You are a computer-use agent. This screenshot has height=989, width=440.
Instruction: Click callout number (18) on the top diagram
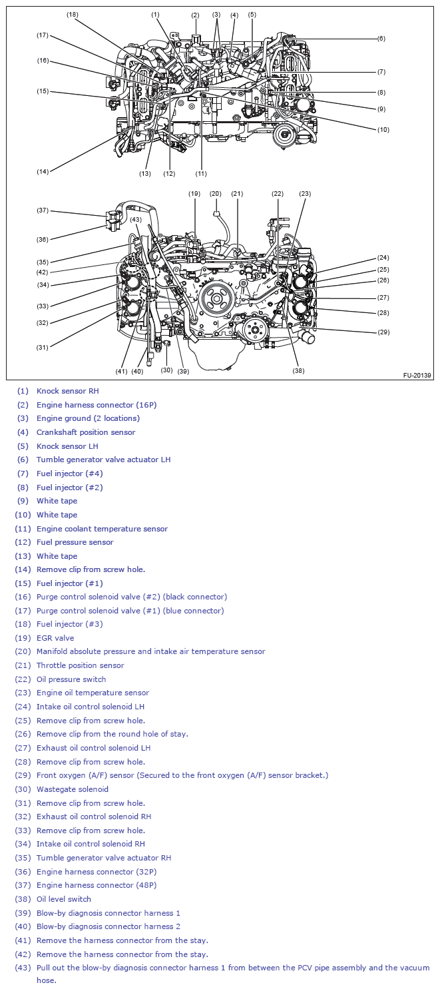coord(73,14)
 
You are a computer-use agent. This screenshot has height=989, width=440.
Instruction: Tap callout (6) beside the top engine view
coord(381,38)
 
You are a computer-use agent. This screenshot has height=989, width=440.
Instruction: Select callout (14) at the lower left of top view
coord(43,171)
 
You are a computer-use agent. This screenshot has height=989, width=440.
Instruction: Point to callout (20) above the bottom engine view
coord(216,194)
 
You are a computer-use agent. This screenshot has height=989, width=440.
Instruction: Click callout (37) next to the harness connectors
coord(43,210)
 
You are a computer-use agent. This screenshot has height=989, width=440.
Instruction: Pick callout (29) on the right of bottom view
coord(383,332)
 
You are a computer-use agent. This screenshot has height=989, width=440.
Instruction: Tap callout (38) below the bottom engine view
coord(298,370)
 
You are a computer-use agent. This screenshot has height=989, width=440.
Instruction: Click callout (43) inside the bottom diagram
coord(136,219)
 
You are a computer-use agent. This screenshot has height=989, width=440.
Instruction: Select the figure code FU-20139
coord(417,376)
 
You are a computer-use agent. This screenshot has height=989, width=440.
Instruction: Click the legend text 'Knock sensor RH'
coord(67,391)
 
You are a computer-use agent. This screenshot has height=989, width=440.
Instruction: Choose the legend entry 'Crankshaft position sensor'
coord(86,432)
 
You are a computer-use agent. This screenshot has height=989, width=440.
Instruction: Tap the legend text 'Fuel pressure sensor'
coord(75,542)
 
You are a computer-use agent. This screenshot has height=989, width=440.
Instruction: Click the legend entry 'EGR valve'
coord(55,638)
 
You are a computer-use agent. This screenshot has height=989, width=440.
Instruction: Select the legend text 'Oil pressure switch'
coord(71,679)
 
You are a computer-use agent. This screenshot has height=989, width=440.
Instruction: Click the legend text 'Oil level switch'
coord(64,899)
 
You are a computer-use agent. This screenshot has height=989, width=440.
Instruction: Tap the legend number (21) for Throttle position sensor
coord(23,665)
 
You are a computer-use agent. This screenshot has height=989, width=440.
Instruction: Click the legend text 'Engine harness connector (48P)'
coord(97,885)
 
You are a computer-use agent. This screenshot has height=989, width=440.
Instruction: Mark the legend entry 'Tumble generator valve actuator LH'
coord(103,460)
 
